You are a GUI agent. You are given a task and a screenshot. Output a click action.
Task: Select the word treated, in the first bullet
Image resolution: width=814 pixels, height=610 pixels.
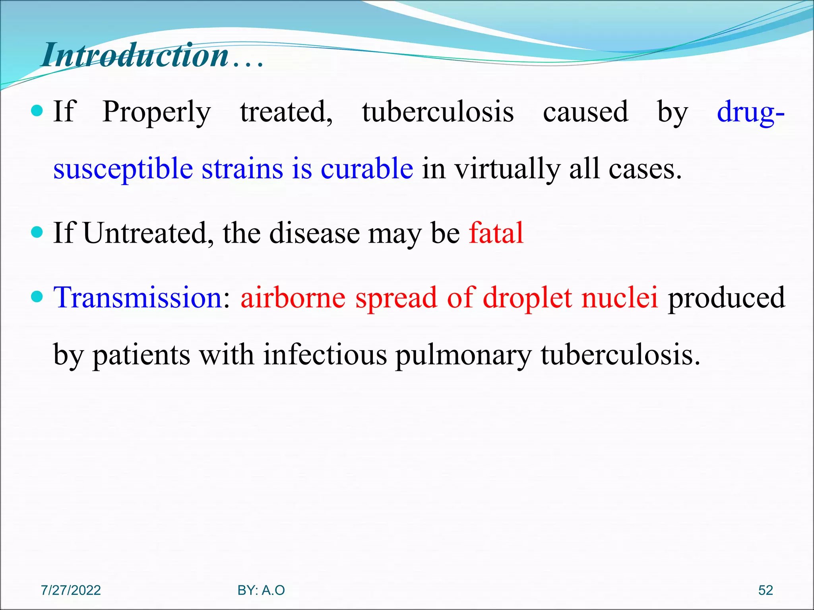click(286, 112)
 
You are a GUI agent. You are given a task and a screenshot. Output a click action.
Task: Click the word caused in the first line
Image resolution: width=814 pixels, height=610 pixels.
click(585, 112)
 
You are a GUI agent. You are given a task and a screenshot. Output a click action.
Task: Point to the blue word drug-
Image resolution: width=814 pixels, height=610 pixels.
click(750, 112)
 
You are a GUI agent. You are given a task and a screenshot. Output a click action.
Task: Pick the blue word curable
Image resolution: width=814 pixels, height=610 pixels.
click(367, 169)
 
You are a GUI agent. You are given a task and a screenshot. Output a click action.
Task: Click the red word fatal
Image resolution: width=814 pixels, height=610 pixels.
click(496, 233)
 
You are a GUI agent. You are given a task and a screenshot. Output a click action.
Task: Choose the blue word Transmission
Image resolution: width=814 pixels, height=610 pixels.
click(138, 297)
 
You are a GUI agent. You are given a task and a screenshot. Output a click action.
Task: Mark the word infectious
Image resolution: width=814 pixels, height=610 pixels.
click(325, 355)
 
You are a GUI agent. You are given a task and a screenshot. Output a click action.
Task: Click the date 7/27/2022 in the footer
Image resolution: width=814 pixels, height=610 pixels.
click(71, 590)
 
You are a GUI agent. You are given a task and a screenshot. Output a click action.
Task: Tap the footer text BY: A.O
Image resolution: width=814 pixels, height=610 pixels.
click(261, 590)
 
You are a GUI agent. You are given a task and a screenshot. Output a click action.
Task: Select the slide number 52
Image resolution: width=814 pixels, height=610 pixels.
click(765, 590)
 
